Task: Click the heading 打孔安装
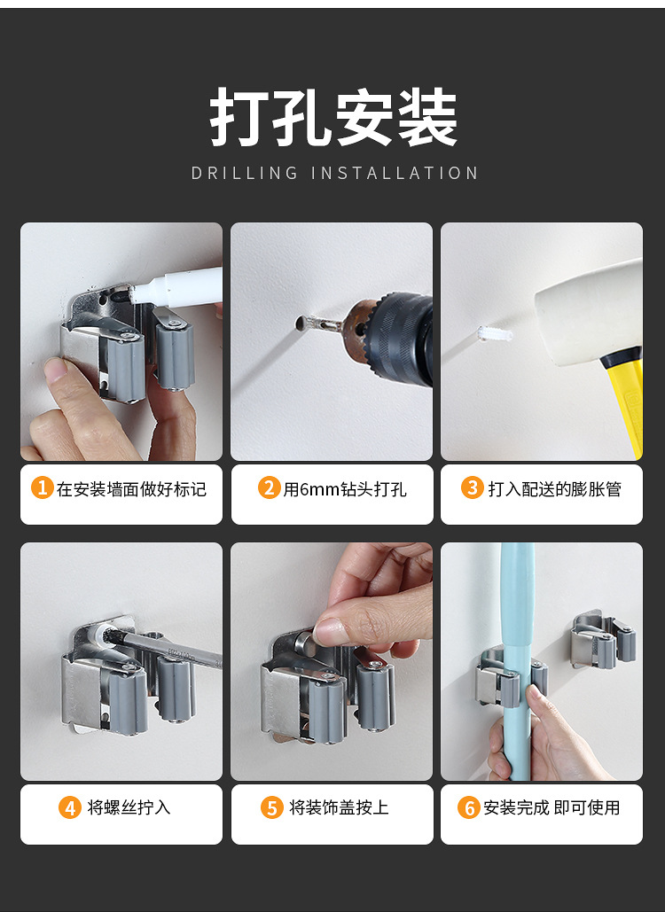click(333, 117)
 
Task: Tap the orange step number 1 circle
click(42, 488)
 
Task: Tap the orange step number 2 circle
click(270, 488)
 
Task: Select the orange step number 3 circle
click(473, 488)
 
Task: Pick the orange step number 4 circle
click(70, 808)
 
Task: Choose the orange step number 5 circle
click(272, 808)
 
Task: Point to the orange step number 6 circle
click(469, 808)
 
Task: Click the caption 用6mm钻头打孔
click(345, 489)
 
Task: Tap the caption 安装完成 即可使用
click(552, 808)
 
